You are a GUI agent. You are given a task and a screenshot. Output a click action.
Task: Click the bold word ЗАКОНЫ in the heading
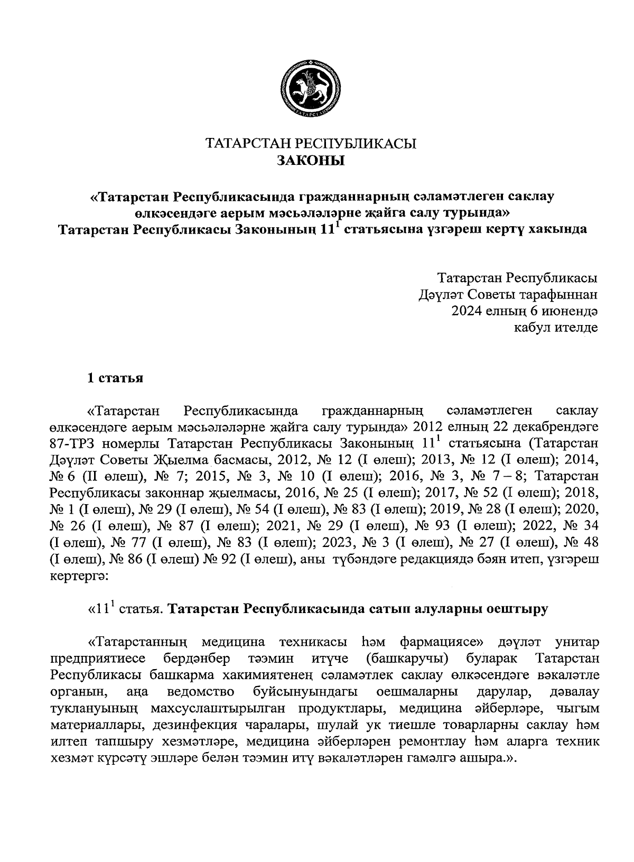[311, 160]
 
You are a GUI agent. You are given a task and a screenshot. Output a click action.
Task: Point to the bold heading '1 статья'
[115, 378]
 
